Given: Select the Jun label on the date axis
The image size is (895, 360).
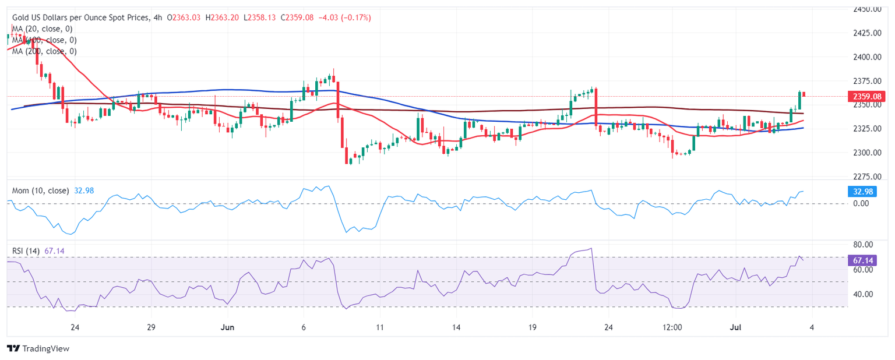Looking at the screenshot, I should pyautogui.click(x=227, y=328).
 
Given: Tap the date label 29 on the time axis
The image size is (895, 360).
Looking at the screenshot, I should pyautogui.click(x=151, y=328).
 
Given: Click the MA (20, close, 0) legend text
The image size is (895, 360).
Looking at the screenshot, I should pyautogui.click(x=44, y=29).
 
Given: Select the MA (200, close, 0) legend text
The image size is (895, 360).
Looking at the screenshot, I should pyautogui.click(x=44, y=51).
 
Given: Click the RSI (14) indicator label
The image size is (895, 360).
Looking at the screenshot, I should pyautogui.click(x=26, y=251).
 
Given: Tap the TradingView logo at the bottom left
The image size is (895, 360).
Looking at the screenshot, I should pyautogui.click(x=38, y=348).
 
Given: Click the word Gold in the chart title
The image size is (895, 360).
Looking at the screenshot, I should pyautogui.click(x=22, y=18).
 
